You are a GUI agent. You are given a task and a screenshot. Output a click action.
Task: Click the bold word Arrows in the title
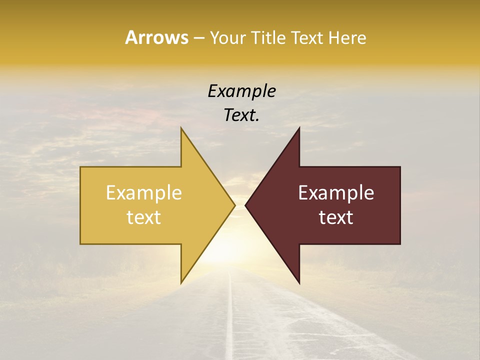pos(156,37)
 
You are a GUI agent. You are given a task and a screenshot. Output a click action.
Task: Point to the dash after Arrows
pos(199,38)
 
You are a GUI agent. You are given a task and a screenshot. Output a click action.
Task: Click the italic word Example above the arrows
pos(242,91)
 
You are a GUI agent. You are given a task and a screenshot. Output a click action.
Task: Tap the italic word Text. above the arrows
pos(242,115)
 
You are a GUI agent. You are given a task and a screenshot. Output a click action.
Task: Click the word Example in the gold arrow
pos(144,193)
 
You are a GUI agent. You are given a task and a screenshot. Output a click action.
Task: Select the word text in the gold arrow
pos(144,217)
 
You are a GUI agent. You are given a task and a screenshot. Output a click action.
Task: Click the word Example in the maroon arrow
pos(336,193)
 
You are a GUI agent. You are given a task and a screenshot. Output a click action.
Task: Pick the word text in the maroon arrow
pos(336,217)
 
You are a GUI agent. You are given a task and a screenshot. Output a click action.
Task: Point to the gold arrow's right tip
pos(234,205)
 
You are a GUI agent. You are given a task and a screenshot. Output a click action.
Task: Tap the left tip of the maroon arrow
pos(246,205)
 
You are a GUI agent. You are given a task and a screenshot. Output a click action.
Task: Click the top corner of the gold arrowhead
pos(181,128)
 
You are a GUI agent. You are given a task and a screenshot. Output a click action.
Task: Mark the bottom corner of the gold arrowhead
pos(181,282)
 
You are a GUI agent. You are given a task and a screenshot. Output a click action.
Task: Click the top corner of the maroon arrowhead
pos(299,128)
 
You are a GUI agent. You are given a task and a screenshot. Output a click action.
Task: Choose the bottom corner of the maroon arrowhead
pos(299,282)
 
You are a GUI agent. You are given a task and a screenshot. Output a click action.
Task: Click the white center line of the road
pos(230,320)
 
